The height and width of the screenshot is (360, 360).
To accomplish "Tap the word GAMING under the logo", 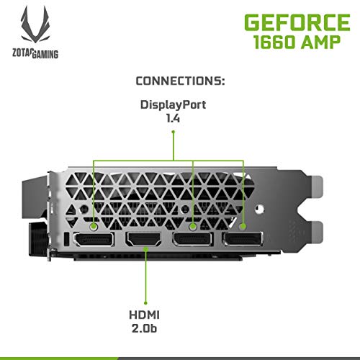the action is [x=45, y=54].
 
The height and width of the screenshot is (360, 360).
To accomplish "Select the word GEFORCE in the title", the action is [x=297, y=22].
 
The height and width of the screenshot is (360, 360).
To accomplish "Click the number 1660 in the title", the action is [x=274, y=42].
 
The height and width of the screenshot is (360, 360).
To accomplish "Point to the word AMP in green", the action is [x=321, y=42].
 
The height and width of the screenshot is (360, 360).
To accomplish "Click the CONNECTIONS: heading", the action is [x=180, y=81].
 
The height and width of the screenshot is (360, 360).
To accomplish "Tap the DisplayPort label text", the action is [x=173, y=105].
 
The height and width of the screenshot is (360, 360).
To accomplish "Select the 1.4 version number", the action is [x=173, y=118].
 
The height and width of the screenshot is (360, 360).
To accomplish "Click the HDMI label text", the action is [x=144, y=315].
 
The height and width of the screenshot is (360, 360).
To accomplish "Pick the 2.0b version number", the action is [x=144, y=328].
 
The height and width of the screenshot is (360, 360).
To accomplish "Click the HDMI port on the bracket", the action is [x=144, y=239].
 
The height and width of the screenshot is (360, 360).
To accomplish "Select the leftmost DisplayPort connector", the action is [x=94, y=239].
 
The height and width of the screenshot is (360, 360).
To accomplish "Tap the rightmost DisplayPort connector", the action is [x=243, y=239].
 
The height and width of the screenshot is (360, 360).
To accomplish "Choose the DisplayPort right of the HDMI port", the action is [x=193, y=239].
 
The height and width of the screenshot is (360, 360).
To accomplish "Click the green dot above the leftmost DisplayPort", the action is [x=94, y=226].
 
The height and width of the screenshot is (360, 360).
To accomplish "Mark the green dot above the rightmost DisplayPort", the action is [x=243, y=226].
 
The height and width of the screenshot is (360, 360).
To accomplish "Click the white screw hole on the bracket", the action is [x=259, y=210].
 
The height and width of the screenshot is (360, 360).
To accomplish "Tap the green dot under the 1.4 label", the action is [x=174, y=132].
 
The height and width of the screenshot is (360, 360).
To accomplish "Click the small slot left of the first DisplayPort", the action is [x=67, y=239].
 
